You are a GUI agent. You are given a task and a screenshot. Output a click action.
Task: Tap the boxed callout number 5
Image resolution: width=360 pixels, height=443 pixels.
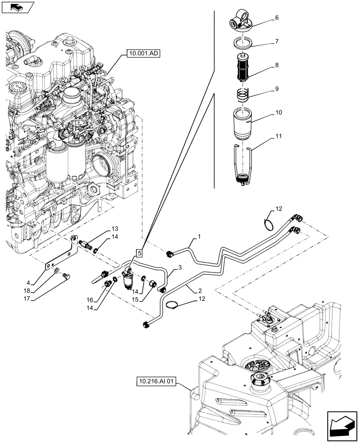pyautogui.click(x=139, y=253)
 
